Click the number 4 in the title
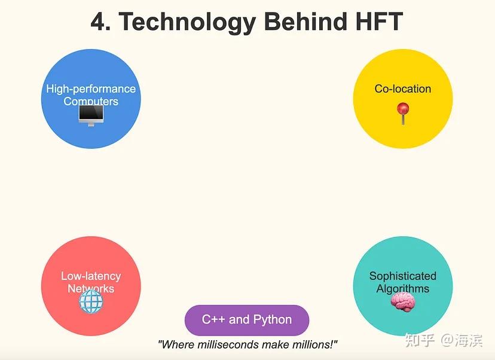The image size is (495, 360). (x=99, y=22)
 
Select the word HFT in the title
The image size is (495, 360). (x=375, y=22)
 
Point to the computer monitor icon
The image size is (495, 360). (x=91, y=114)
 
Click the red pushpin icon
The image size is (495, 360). (x=403, y=112)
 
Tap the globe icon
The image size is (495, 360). (x=91, y=303)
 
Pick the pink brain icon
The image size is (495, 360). (x=402, y=303)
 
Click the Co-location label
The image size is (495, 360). (x=403, y=89)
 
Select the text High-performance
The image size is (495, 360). (x=91, y=89)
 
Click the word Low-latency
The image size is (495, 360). (x=91, y=276)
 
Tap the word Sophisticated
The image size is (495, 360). (x=403, y=276)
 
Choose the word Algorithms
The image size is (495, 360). (x=403, y=288)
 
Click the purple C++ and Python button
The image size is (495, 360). (x=247, y=319)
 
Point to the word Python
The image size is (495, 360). (x=273, y=319)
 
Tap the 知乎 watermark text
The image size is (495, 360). (x=420, y=340)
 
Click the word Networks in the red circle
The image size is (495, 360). (x=91, y=288)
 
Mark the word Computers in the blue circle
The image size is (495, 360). (x=91, y=101)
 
